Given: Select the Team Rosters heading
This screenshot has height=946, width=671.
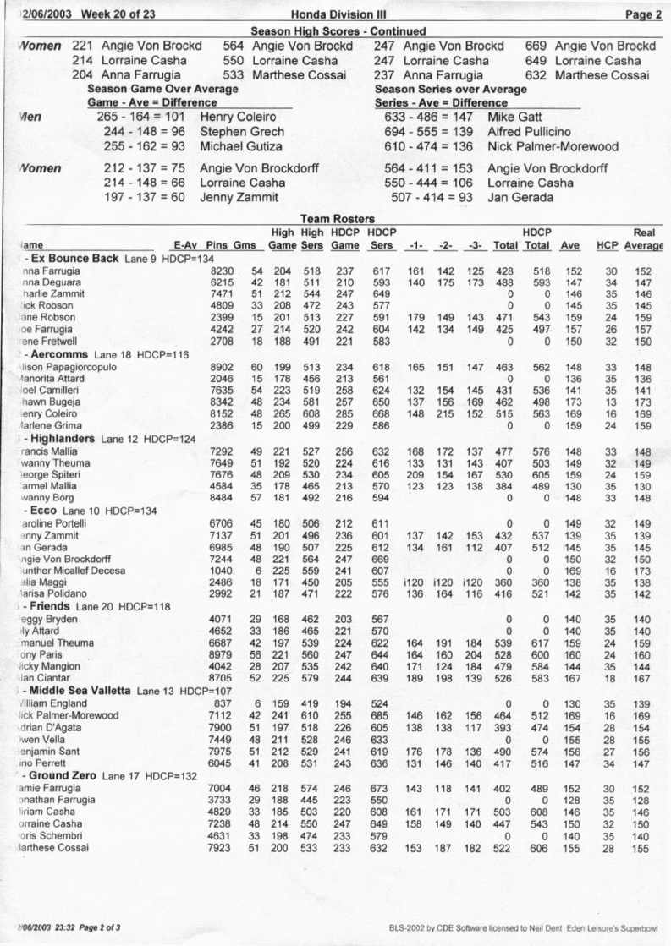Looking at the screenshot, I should (337, 218).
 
